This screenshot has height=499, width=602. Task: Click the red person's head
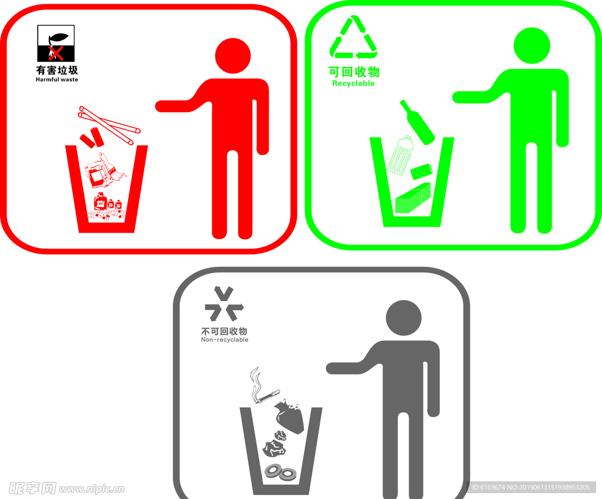click(x=233, y=56)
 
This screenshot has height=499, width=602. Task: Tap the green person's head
click(x=531, y=45)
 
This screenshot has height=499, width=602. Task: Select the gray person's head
click(x=403, y=318)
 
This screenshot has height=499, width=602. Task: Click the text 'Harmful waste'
click(x=57, y=79)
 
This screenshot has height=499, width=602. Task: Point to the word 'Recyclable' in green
click(x=353, y=83)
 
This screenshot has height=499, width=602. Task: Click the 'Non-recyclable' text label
click(x=225, y=340)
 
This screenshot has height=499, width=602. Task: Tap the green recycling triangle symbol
click(x=353, y=37)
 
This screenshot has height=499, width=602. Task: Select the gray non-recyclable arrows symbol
click(x=224, y=304)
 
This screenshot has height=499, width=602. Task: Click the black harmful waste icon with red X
click(x=56, y=43)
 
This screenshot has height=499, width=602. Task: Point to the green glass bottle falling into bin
click(x=417, y=122)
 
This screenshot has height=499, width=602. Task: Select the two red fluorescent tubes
click(x=110, y=125)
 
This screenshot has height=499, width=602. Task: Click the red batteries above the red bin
click(x=92, y=138)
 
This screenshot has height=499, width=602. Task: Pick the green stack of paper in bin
click(x=413, y=198)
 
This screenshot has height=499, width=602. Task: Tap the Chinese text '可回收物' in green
click(x=354, y=71)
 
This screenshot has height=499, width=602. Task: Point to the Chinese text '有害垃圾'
click(x=57, y=70)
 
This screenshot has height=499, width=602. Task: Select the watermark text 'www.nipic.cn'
click(x=92, y=488)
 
